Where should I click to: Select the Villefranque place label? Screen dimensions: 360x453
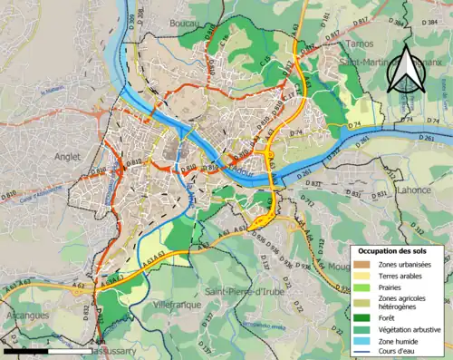point(177,306)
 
